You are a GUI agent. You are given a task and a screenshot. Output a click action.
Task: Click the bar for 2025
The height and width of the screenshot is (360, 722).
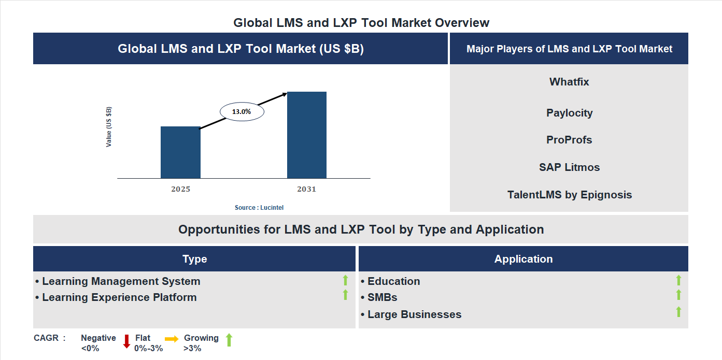(x=180, y=152)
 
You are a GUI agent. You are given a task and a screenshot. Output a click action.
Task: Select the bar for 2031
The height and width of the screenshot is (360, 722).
(x=307, y=135)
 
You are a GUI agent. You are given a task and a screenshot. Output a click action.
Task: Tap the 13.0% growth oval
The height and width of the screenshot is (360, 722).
(x=242, y=111)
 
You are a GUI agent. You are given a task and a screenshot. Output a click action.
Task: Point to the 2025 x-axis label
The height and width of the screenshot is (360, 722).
(x=180, y=189)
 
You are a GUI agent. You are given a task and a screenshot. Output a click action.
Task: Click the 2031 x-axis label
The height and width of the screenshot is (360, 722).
(x=306, y=189)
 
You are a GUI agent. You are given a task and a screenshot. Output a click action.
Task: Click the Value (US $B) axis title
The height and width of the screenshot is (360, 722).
(x=109, y=127)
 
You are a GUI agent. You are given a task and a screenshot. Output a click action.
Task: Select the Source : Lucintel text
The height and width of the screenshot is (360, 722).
(x=259, y=207)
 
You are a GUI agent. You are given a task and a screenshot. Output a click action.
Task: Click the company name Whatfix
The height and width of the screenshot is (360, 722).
(x=569, y=82)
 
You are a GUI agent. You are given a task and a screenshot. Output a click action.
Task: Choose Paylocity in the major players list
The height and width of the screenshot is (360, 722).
(x=569, y=113)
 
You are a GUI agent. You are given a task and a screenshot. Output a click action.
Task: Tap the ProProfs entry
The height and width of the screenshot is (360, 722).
(x=569, y=140)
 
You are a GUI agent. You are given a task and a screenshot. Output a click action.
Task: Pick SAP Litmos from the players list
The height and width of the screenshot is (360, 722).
(x=569, y=167)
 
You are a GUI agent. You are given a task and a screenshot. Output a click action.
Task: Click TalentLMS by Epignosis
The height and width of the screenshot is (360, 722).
(x=569, y=195)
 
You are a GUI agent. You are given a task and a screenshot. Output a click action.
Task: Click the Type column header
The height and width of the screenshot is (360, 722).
(x=194, y=259)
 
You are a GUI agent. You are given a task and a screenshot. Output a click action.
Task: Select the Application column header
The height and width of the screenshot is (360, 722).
(x=523, y=259)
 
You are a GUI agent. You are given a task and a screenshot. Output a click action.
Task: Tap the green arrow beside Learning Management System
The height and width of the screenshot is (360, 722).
(x=345, y=281)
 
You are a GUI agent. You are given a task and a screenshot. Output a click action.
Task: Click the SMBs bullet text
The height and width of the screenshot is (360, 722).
(x=382, y=297)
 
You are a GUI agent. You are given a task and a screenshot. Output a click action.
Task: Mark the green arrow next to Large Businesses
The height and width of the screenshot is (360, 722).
(x=678, y=312)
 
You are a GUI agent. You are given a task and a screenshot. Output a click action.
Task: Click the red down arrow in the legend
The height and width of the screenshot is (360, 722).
(x=126, y=341)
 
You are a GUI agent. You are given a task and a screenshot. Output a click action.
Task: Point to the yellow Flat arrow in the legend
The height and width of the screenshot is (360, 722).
(x=172, y=338)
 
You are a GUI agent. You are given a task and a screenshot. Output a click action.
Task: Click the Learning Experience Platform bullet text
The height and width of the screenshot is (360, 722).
(x=119, y=297)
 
